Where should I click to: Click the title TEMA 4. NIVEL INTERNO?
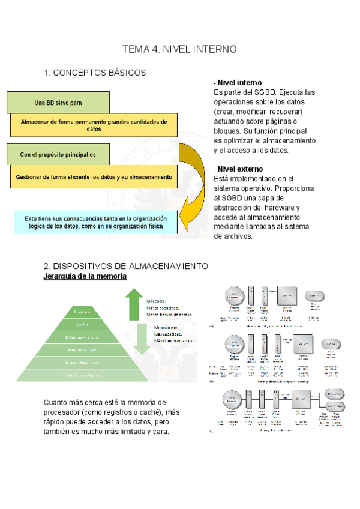pos(179,49)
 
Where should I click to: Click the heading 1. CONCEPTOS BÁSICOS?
pos(95,73)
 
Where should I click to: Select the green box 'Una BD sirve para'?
pos(58,103)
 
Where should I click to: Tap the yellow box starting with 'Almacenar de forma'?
pos(94,125)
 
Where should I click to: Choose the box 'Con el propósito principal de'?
pos(58,155)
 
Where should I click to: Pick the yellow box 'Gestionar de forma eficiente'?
pos(94,177)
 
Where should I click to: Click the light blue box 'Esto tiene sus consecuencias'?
pos(94,221)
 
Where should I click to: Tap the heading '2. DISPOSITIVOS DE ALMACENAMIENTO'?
pos(125,266)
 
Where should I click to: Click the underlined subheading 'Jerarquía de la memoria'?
pos(85,276)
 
